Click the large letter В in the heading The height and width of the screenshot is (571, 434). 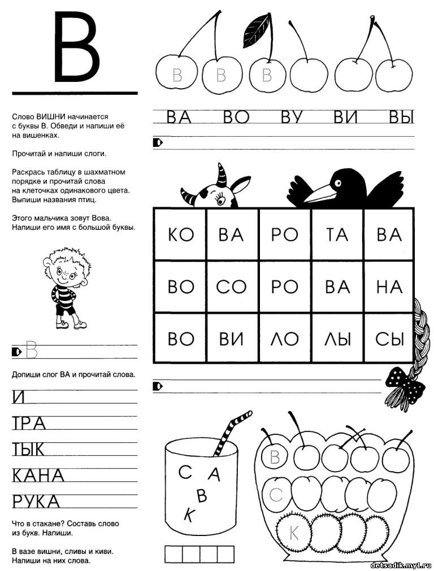coord(76,48)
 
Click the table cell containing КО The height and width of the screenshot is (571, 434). coord(180,234)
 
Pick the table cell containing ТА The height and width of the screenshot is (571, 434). coord(337,234)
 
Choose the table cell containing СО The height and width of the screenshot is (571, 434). coord(232,286)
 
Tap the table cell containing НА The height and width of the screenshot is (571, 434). coord(389,286)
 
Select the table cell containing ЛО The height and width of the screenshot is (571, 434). coord(284,338)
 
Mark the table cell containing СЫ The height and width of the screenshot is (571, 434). coord(389,338)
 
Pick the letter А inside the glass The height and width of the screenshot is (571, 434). coord(214,474)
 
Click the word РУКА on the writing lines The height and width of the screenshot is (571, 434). coord(36,502)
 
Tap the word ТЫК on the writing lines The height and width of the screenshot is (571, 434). coord(28,450)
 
